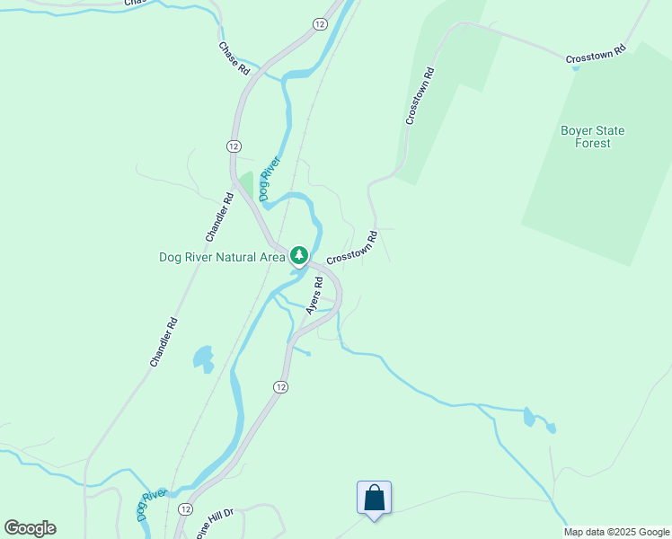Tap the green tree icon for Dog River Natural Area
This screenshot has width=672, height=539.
pos(299,257)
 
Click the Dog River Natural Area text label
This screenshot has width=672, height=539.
pos(222,257)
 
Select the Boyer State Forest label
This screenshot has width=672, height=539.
pos(592,137)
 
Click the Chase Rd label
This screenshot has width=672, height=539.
pos(234,57)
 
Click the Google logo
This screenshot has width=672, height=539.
pos(31,528)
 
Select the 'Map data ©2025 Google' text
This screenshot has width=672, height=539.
pos(617,532)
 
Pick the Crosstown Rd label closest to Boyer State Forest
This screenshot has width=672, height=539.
pos(595,55)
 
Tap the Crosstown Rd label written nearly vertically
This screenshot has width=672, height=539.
pos(420,95)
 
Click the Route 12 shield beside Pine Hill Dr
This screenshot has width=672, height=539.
pos(185,508)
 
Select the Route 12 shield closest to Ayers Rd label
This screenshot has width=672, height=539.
pos(280,386)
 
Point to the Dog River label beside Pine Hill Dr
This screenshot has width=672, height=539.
pos(152,505)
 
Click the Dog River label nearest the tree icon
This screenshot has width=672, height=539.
pos(270,178)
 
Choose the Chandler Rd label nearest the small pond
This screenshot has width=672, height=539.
pos(164,342)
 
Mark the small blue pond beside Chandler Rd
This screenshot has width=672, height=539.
pos(204,358)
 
